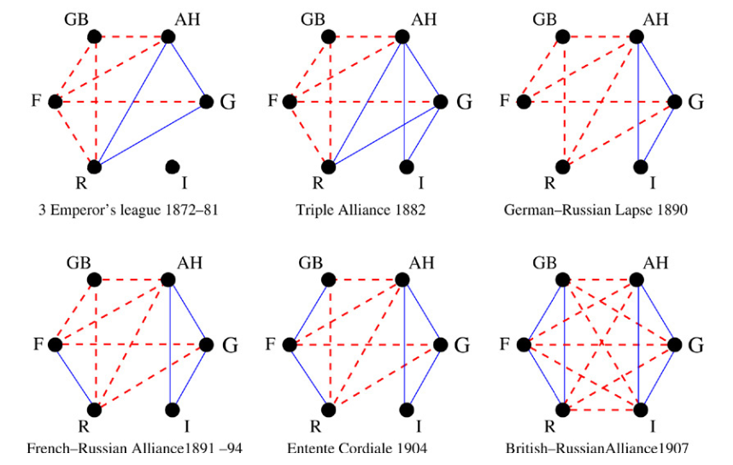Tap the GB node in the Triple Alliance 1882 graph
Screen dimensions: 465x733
coord(328,37)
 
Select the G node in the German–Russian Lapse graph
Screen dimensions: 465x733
coord(675,102)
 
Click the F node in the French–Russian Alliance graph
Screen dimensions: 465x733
coord(56,345)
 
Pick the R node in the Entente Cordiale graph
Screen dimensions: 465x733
coord(328,409)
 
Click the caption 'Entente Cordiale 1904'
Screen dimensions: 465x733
coord(361,447)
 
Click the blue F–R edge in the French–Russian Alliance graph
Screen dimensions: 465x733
coord(74,377)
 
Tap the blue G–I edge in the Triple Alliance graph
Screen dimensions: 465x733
coord(425,134)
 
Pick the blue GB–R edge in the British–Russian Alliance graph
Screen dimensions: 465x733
coord(563,342)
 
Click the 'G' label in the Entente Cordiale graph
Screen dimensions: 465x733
coord(463,346)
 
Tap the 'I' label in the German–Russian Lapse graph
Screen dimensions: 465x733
coord(654,183)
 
